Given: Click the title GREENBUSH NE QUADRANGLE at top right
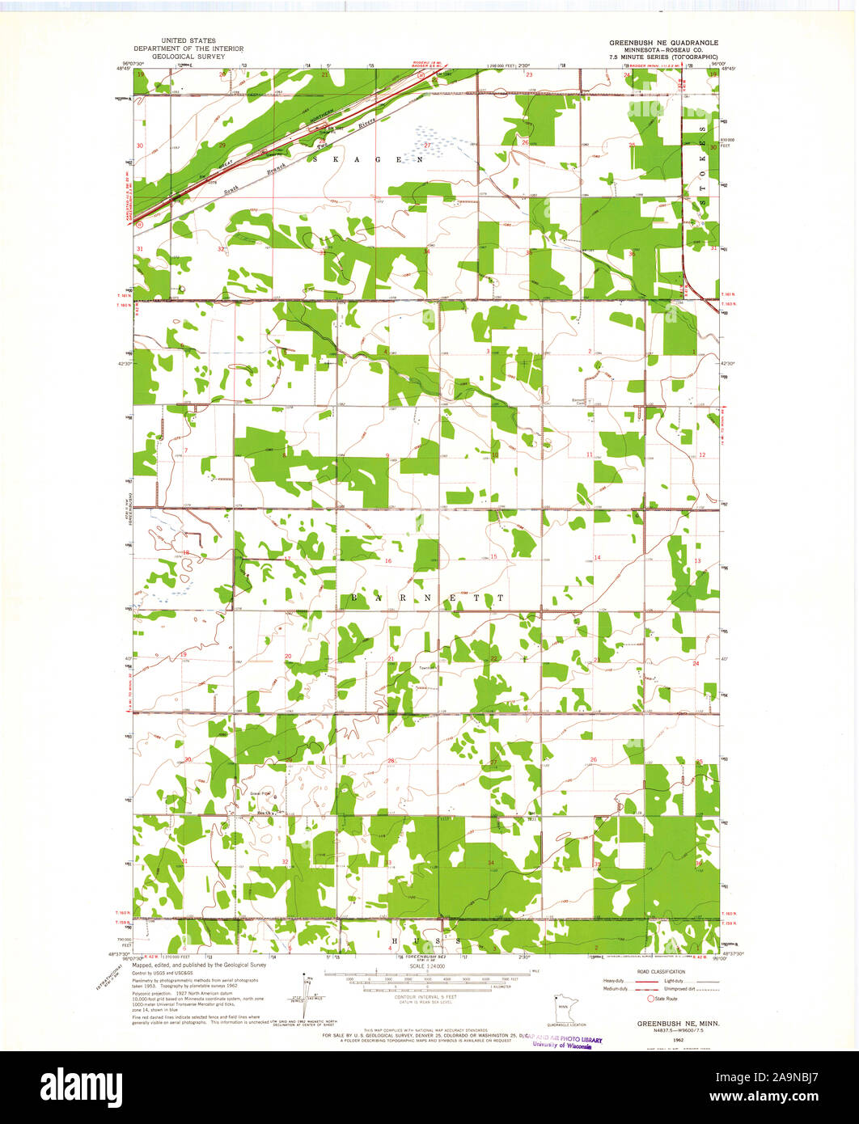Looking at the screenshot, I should pyautogui.click(x=657, y=41).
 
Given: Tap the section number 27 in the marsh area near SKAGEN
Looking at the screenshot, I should pyautogui.click(x=427, y=145).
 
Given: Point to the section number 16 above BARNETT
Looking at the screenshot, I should pyautogui.click(x=388, y=561).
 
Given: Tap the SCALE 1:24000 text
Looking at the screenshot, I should pyautogui.click(x=429, y=966).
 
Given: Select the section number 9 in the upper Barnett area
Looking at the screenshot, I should pyautogui.click(x=387, y=455).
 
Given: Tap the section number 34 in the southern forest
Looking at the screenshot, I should pyautogui.click(x=491, y=863).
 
